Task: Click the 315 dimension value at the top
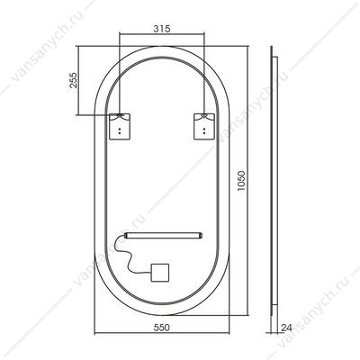[162, 29]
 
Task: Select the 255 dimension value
[74, 80]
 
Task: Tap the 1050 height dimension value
[241, 182]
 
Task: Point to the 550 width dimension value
[162, 328]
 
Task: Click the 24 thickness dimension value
[286, 328]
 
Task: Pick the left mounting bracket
[120, 126]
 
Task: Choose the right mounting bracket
[204, 126]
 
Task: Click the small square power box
[160, 273]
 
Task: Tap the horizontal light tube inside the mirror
[164, 236]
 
